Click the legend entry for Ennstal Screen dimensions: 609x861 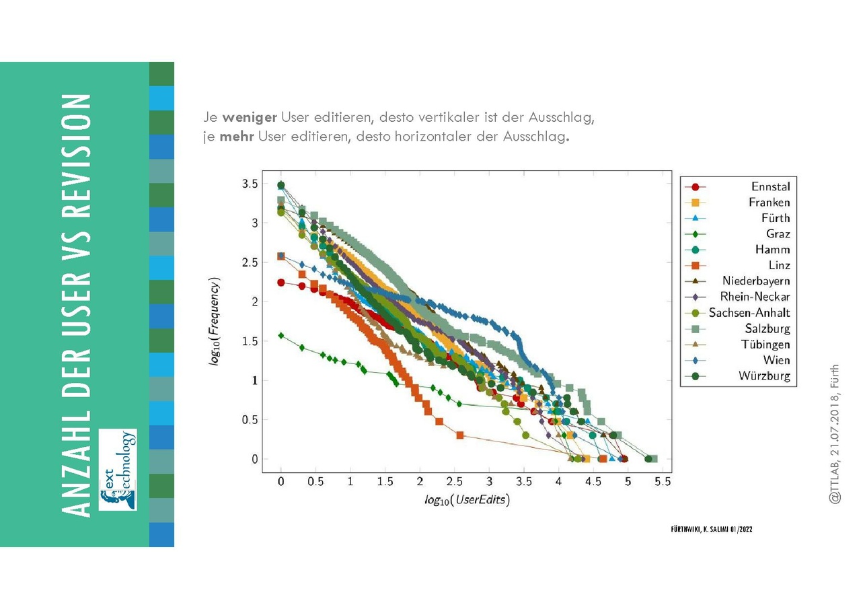tap(770, 186)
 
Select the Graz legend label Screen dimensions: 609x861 tap(778, 234)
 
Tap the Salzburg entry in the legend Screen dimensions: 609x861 tap(768, 329)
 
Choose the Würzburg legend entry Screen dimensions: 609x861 tap(764, 376)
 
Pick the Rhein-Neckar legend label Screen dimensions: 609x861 tap(755, 297)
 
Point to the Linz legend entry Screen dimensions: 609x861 tap(779, 266)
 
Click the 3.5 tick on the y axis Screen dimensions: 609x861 tap(250, 184)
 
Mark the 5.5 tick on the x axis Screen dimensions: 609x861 tap(663, 482)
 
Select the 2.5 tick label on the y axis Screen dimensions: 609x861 tap(250, 262)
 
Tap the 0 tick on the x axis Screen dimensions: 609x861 tap(281, 482)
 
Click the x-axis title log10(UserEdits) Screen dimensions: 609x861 tap(467, 499)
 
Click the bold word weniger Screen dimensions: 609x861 tap(250, 118)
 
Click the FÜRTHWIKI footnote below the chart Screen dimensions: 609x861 tap(711, 530)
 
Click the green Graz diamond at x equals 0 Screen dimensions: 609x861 tap(281, 335)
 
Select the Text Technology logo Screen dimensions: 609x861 tap(118, 469)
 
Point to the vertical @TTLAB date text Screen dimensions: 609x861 tap(835, 434)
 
